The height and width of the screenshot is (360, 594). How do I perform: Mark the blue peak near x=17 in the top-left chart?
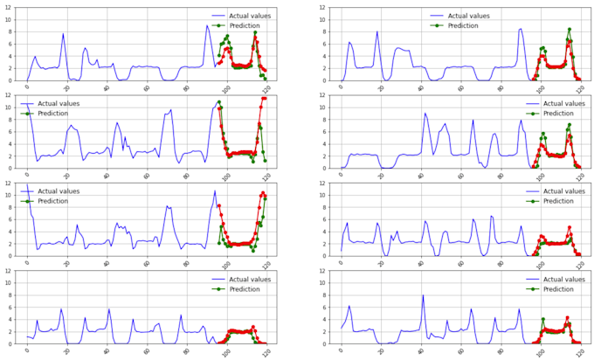point(63,34)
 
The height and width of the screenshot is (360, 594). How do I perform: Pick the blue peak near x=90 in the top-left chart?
point(207,25)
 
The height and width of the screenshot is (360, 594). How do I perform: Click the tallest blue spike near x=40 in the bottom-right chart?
point(423,295)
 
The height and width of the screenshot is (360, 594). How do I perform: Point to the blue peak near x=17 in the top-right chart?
point(377,32)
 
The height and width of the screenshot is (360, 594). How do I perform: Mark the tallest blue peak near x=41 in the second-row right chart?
point(425,113)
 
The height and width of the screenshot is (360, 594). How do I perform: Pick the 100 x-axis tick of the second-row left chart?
point(227,175)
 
